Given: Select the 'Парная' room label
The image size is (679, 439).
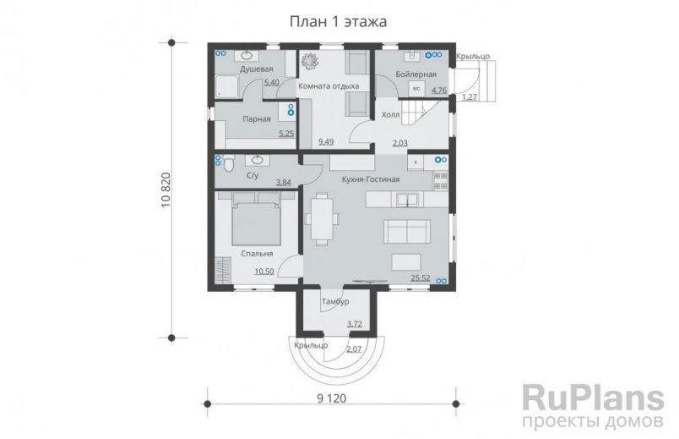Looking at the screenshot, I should tap(256, 119).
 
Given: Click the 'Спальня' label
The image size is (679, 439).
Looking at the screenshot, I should tap(257, 253).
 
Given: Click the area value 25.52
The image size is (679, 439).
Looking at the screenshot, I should tap(421, 277).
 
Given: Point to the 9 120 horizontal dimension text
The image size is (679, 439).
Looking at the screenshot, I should tap(330, 398).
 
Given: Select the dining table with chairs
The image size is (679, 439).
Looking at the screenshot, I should tap(322, 217).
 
